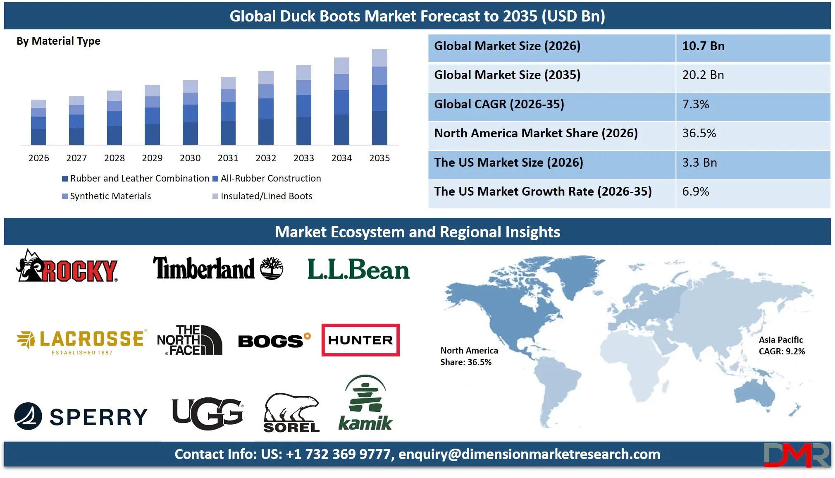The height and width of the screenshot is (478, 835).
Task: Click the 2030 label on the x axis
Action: (x=190, y=158)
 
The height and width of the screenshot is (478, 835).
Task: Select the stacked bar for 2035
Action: (x=379, y=97)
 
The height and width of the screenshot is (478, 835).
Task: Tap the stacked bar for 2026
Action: (x=38, y=122)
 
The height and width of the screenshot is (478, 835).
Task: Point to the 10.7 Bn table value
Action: (x=703, y=46)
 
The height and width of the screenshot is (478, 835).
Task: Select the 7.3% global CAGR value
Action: (x=696, y=104)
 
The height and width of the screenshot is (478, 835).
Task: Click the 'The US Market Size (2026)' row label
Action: (x=508, y=163)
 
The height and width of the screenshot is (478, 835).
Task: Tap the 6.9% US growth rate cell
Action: (x=696, y=191)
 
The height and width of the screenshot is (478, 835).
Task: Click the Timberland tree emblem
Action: (x=272, y=268)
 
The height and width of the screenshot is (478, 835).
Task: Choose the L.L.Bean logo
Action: (x=358, y=270)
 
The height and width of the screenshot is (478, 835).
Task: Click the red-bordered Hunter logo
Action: (x=360, y=340)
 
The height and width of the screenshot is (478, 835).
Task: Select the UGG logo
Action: (x=208, y=413)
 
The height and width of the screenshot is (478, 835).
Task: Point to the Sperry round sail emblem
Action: (x=28, y=416)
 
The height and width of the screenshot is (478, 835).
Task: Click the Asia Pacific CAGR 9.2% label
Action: (x=781, y=346)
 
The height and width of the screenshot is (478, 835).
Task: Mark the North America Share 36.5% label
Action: (x=469, y=356)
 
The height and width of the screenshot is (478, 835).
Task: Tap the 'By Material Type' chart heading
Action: (x=58, y=41)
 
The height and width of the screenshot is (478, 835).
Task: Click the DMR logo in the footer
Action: (x=796, y=455)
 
